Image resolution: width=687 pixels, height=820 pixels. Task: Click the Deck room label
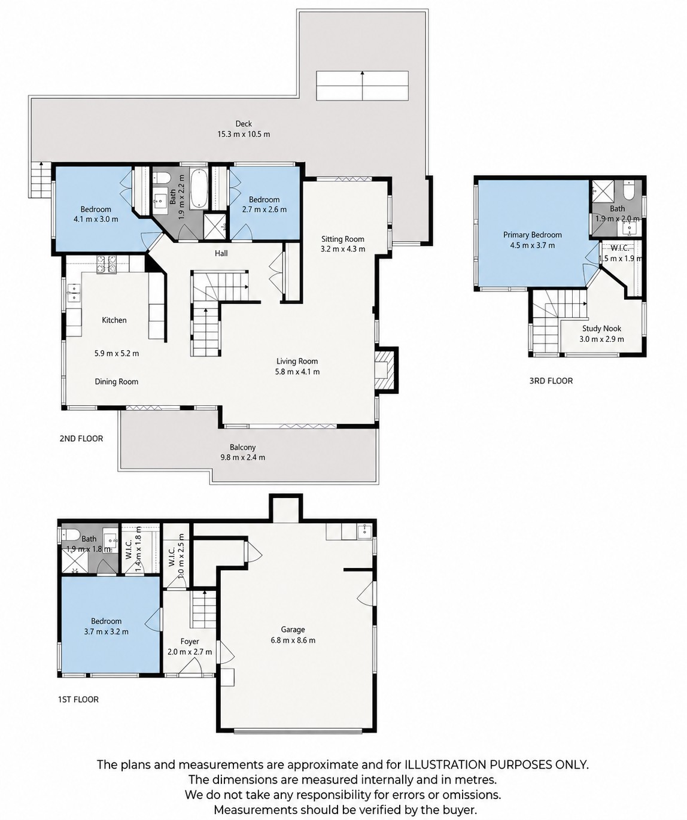(244, 124)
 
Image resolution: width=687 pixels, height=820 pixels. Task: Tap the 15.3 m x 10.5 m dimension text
(244, 134)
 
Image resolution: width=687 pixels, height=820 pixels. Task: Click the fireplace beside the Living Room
(385, 369)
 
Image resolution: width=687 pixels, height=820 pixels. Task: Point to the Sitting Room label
(343, 239)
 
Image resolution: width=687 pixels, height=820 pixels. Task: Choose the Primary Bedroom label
(533, 235)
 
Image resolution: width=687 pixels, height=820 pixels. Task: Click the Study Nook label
(601, 329)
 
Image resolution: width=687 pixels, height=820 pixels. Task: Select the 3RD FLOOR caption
(551, 381)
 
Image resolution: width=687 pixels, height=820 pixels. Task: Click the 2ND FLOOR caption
(81, 439)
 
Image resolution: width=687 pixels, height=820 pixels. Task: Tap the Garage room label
(293, 630)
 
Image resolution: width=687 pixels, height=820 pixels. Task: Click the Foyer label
(190, 641)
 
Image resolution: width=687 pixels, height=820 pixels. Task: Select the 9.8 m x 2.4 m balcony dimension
(242, 457)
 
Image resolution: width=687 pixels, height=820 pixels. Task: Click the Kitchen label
(114, 320)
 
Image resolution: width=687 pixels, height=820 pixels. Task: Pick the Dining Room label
(117, 381)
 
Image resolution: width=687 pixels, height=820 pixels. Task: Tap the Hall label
(221, 253)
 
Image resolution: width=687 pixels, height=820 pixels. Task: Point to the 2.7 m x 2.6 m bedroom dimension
(264, 209)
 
